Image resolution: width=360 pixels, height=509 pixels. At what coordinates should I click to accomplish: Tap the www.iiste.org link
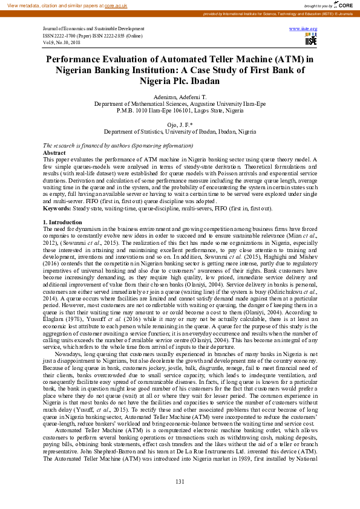[303, 29]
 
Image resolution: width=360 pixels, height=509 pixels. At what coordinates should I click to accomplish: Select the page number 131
[180, 481]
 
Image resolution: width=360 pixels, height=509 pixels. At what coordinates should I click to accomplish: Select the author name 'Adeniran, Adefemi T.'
[180, 97]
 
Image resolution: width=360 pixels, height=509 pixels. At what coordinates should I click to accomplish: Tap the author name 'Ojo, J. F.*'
[180, 125]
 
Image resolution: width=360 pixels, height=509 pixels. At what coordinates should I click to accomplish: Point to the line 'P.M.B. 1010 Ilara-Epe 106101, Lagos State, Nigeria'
[180, 111]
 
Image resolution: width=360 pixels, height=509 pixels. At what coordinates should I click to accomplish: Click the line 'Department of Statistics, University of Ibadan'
[180, 131]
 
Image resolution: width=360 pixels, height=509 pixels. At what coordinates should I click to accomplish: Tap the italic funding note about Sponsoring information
[118, 146]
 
